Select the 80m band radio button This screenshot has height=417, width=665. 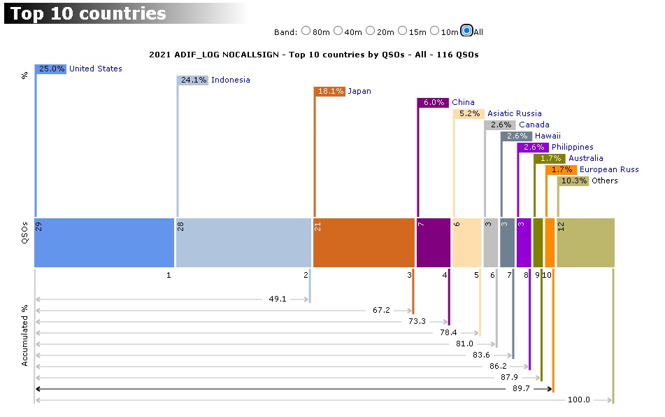tap(306, 31)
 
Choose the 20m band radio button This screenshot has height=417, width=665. tap(370, 31)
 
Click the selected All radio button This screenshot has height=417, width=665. tap(466, 31)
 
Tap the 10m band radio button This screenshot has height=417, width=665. tap(435, 31)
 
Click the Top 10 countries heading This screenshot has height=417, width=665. tap(88, 13)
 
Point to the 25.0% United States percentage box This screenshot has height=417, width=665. tap(51, 69)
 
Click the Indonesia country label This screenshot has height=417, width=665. tap(230, 80)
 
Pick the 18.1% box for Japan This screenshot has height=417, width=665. tap(330, 91)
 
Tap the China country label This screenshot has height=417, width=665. tap(463, 102)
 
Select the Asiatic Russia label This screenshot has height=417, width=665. tap(514, 113)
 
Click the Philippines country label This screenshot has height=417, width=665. tap(572, 147)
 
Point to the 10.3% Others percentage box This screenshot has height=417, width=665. tap(573, 181)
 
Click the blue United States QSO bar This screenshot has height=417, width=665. tap(104, 242)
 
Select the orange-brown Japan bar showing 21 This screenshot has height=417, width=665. tap(364, 242)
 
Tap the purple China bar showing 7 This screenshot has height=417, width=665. tap(434, 242)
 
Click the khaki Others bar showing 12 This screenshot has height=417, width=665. tap(586, 242)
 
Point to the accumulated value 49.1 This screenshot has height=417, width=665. tap(278, 299)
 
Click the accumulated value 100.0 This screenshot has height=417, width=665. tap(580, 400)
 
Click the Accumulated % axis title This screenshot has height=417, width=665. tap(24, 334)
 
